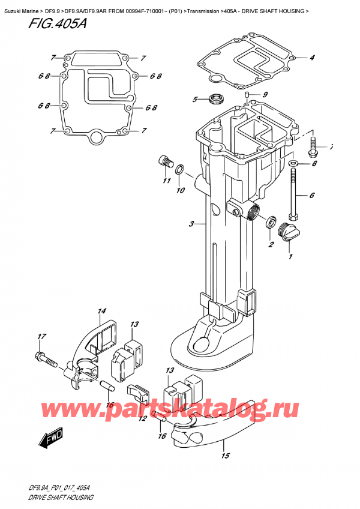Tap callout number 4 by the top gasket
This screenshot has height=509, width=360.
[312, 58]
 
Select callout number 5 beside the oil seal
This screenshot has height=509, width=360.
[194, 99]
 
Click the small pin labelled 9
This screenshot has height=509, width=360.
[247, 97]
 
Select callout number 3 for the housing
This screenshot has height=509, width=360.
[191, 224]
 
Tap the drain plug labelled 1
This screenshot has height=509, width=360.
[288, 230]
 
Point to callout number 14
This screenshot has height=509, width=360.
[101, 312]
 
